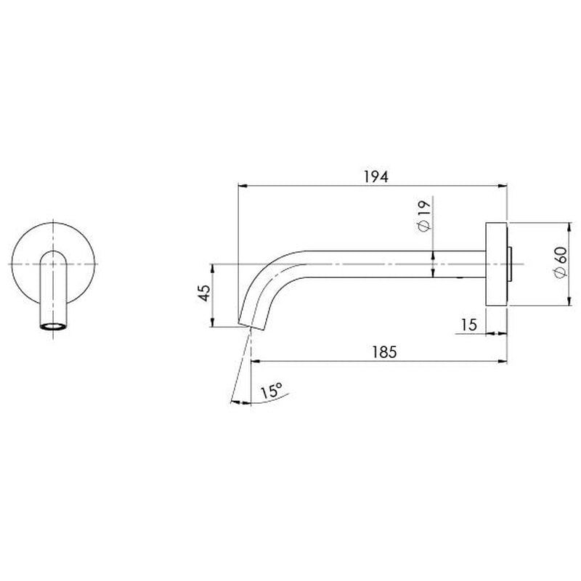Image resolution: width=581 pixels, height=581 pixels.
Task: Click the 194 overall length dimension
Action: pos(373,176)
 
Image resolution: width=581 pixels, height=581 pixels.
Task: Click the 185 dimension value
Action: pos(383,352)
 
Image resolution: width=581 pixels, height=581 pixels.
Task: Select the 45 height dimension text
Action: pos(205,294)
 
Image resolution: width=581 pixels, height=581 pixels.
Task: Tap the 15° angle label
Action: pos(269,391)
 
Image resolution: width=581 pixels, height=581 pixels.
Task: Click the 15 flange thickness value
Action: pos(468,325)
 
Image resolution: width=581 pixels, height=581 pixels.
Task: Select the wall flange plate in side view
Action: pos(496,264)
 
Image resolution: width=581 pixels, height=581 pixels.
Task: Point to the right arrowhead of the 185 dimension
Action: pos(501,360)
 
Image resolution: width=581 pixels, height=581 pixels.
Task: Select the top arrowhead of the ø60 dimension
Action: pos(569,225)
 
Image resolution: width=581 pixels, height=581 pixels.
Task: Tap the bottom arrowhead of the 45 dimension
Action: pos(212,324)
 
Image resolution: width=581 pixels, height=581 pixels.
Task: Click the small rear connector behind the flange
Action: pos(514,264)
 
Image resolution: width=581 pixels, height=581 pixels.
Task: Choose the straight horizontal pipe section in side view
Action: pos(392,264)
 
